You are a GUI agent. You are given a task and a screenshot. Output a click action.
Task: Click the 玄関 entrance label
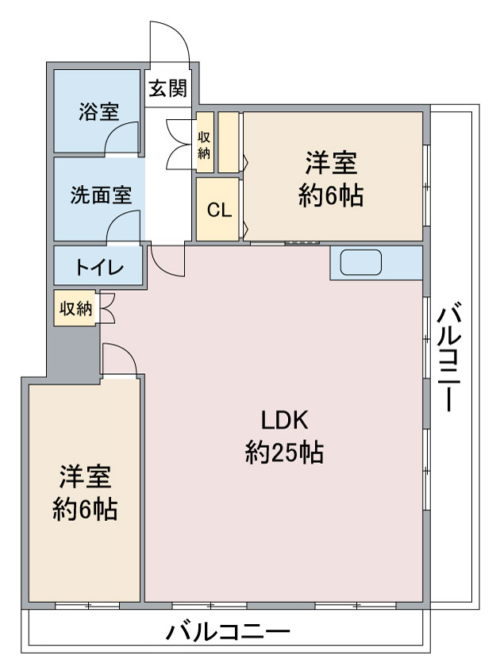tap(168, 88)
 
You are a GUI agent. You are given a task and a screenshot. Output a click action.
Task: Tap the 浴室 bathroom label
tap(98, 112)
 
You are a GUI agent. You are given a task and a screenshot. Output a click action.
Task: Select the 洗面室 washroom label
tap(101, 195)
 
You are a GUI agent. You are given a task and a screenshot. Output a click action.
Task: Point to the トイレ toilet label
tap(100, 268)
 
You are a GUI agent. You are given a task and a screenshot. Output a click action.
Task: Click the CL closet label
tap(219, 210)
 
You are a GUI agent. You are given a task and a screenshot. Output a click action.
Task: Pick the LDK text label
tap(284, 420)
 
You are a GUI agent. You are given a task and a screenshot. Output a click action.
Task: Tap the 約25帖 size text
tap(284, 453)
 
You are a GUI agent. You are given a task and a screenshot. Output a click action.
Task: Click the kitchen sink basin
tap(361, 263)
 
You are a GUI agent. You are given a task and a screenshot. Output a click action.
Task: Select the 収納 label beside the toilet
tap(75, 308)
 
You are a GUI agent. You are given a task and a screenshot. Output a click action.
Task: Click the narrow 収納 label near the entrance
tap(204, 145)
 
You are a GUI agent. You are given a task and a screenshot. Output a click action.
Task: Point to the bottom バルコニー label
tap(228, 632)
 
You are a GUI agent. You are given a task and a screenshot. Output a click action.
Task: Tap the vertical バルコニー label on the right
tap(449, 357)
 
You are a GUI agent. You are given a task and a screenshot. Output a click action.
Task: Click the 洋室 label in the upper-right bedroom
tap(331, 163)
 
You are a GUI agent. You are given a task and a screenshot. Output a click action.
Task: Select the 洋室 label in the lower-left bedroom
tap(85, 476)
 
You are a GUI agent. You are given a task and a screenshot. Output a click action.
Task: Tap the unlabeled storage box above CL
tap(229, 142)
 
